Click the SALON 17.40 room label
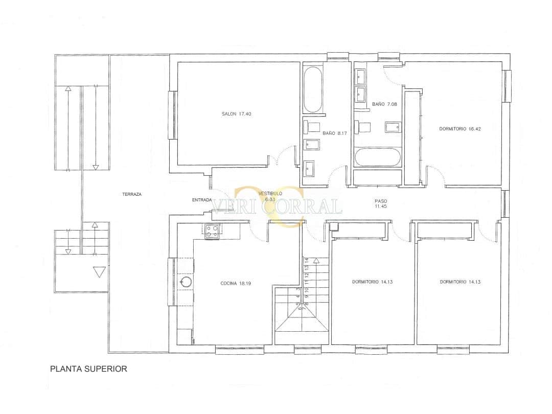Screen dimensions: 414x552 [x=236, y=114]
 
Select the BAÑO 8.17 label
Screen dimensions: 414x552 [x=335, y=134]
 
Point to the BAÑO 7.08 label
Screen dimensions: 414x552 [x=384, y=104]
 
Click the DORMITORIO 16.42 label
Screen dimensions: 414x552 [x=460, y=129]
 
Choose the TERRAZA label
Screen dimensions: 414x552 [x=132, y=194]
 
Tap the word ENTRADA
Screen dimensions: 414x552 [x=202, y=200]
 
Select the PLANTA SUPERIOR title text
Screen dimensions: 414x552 [x=88, y=369]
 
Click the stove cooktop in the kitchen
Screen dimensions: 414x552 [x=211, y=232]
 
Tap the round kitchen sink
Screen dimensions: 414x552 [x=187, y=282]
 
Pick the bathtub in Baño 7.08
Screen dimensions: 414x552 [x=378, y=157]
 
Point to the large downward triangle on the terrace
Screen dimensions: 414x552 [x=99, y=272]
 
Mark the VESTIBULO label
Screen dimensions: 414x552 [x=270, y=196]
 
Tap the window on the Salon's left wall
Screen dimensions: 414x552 [x=173, y=114]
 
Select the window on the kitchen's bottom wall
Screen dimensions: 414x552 [x=240, y=350]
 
